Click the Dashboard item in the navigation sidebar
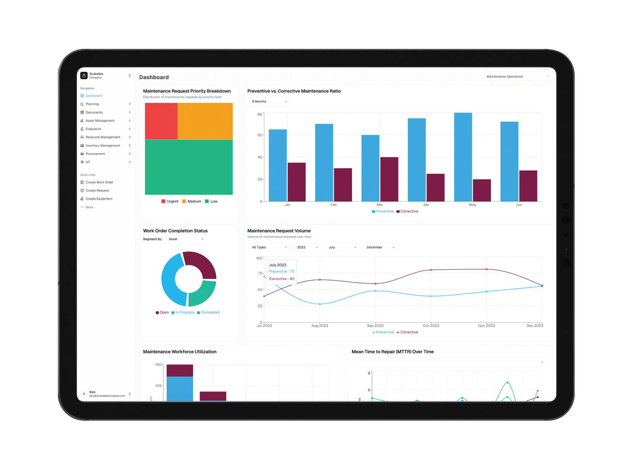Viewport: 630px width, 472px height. click(94, 96)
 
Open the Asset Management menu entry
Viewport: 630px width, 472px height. click(100, 121)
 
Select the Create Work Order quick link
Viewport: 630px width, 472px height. click(99, 182)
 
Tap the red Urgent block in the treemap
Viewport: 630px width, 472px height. click(161, 121)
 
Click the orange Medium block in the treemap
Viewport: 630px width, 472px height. click(205, 121)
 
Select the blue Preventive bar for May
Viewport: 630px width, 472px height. click(463, 157)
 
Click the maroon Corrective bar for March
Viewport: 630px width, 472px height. click(389, 179)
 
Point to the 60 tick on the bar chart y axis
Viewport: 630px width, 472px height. click(260, 135)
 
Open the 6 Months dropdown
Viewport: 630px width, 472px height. click(269, 101)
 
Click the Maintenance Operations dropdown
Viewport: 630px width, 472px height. click(518, 77)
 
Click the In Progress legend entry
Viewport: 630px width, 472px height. click(183, 312)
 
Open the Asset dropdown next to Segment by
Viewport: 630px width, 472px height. click(186, 239)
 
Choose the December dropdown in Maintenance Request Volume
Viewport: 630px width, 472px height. click(381, 247)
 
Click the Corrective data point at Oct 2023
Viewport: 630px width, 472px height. click(431, 270)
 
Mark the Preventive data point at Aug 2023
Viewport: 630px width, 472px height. click(320, 304)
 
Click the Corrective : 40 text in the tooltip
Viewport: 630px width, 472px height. click(281, 279)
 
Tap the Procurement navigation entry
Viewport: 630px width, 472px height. click(95, 154)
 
